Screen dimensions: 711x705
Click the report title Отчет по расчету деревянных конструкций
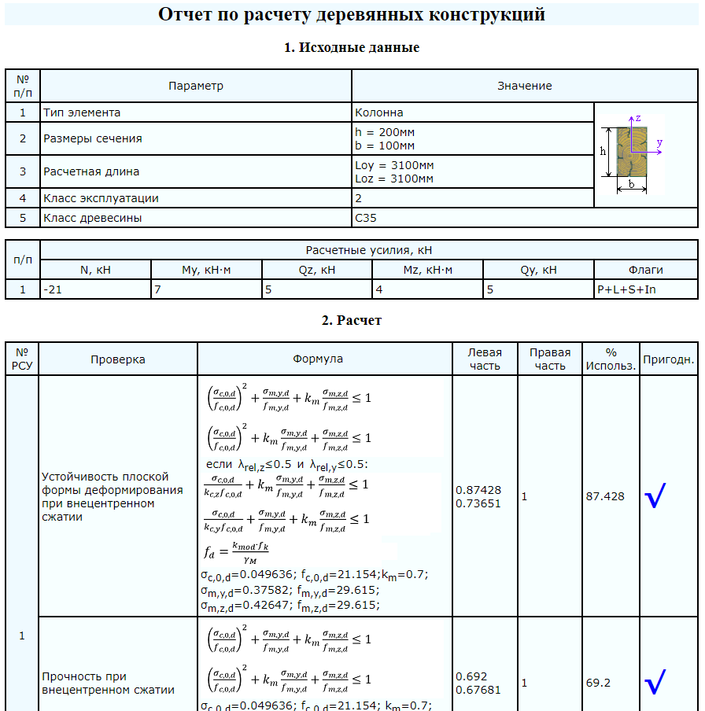coord(352,14)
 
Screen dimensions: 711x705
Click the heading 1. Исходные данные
coord(352,47)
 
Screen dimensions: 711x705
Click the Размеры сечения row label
coord(93,138)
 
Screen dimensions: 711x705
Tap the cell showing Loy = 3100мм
coord(394,166)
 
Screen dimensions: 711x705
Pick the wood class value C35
coord(366,218)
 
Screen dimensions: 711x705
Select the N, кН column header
coord(95,270)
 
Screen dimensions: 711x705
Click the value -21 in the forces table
coord(54,289)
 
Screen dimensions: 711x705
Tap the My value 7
coord(157,289)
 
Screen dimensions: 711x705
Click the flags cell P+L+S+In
coord(626,289)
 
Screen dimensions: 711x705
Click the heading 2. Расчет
coord(352,320)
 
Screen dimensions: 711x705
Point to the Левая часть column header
coord(485,359)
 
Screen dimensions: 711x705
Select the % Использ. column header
coord(611,359)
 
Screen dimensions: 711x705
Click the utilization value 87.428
coord(605,496)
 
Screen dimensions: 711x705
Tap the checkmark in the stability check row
coord(655,495)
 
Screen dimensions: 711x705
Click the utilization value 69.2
coord(598,683)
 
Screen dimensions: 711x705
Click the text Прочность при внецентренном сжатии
coord(108,683)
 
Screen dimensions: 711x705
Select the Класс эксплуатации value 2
coord(358,198)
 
